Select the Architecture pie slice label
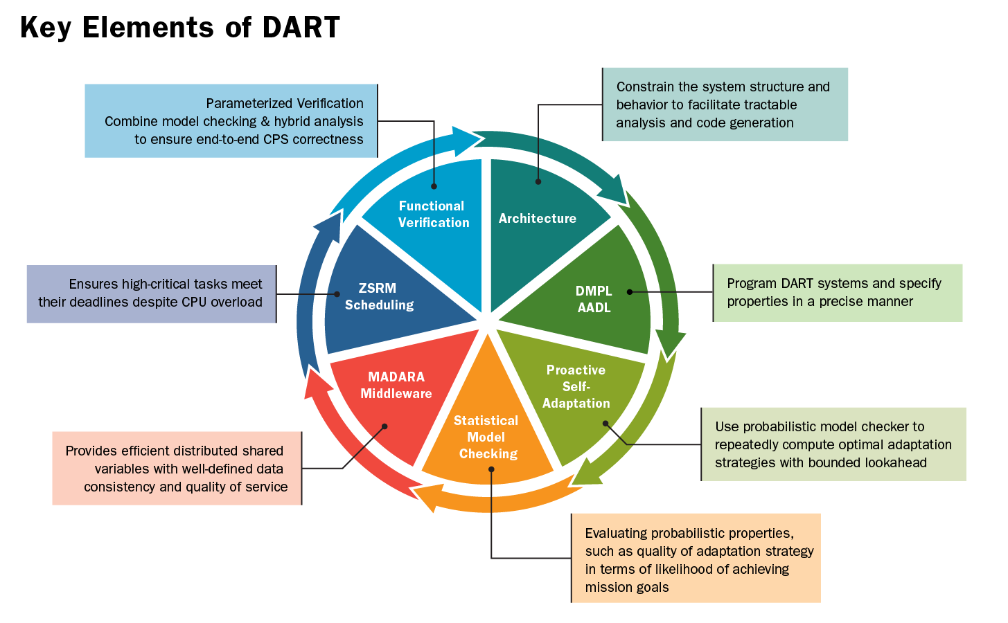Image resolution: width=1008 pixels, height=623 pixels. pos(538,218)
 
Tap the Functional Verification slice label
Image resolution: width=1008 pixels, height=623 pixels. pos(433,214)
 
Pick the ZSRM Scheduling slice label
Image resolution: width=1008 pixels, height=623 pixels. pos(379,296)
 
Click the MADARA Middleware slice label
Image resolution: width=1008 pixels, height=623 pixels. pos(396,385)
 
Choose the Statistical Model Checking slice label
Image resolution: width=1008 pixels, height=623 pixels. pos(487,437)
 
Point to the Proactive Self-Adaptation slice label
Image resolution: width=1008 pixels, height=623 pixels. pos(576,386)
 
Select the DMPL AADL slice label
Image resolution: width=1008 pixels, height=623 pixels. pos(594,299)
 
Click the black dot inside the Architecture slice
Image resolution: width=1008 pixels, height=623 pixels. pos(538,181)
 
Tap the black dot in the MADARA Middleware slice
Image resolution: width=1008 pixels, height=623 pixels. pos(384,426)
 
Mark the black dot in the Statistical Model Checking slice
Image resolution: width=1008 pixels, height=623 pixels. pos(491,469)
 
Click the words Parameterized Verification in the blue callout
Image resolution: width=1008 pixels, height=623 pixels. pos(285,103)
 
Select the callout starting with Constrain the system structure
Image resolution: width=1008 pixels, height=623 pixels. pos(725,105)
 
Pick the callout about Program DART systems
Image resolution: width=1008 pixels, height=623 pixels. pos(838,293)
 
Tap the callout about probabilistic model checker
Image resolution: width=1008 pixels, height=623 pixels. pos(833,444)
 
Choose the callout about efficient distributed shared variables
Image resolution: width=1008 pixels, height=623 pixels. pos(177,468)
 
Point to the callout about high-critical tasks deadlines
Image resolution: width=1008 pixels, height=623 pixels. pos(152,294)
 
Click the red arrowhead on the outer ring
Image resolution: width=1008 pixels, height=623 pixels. pos(316,384)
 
